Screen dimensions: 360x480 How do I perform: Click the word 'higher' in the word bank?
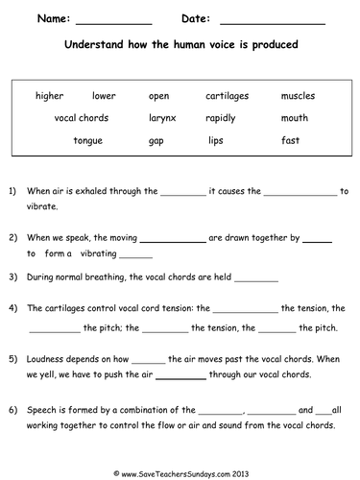(x=49, y=96)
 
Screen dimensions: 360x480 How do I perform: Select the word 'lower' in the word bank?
(x=104, y=96)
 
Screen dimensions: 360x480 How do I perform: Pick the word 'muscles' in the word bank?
(x=298, y=96)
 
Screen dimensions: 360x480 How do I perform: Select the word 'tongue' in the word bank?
(x=88, y=140)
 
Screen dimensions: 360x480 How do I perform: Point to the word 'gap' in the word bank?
(x=156, y=141)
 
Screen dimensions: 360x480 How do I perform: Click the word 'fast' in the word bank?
(x=290, y=140)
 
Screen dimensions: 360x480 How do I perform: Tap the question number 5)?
(x=12, y=358)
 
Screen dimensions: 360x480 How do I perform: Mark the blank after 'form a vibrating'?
(x=136, y=255)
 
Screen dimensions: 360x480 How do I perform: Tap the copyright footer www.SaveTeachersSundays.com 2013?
(x=180, y=470)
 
